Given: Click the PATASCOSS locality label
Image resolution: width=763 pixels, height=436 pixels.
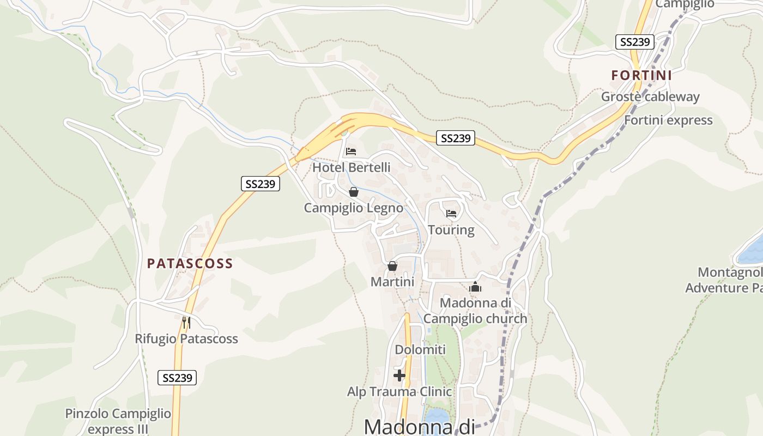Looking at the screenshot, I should (190, 263).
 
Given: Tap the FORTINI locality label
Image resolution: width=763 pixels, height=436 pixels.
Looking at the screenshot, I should (641, 75).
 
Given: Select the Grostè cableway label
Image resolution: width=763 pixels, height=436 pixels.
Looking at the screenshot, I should (650, 97).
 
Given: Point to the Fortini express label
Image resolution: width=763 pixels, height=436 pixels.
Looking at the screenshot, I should (668, 120).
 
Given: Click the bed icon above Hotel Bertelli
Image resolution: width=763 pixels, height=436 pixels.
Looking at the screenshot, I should (351, 151).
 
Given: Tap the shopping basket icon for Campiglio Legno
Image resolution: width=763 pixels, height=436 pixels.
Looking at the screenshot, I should (354, 192).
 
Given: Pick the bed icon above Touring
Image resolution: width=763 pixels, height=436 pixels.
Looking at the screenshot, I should (451, 213).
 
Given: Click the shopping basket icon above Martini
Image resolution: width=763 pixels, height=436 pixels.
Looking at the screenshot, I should (392, 266).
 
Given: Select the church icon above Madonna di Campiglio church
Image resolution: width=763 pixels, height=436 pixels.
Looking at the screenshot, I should (475, 287).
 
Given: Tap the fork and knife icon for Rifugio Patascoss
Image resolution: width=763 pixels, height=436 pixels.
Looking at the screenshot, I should (186, 322).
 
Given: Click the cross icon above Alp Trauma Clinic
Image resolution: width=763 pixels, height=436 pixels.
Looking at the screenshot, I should (399, 376).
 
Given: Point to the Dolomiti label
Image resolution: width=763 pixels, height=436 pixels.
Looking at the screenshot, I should (420, 350).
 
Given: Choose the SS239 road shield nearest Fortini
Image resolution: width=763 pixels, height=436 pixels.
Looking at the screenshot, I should (635, 42).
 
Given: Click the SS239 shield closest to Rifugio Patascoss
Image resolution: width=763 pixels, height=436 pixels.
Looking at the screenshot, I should (177, 378).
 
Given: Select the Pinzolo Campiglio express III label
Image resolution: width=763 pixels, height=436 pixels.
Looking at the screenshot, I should (118, 421).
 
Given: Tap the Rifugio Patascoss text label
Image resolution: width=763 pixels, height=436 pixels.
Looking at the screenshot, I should (186, 339).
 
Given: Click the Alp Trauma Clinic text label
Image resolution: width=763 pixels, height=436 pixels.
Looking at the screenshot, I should (399, 392).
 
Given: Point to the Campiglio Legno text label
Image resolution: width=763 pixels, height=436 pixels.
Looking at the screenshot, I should (354, 208).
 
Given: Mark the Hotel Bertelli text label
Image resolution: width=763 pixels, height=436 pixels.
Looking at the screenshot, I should (352, 167).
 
